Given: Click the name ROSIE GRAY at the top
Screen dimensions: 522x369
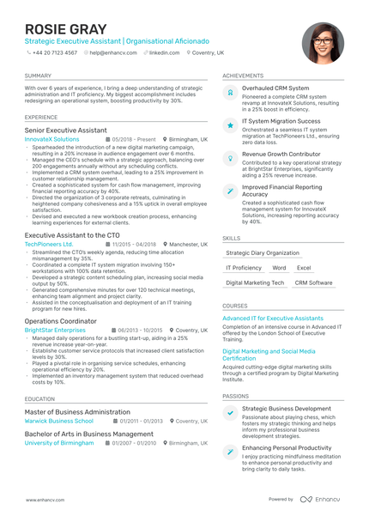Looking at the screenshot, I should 60,28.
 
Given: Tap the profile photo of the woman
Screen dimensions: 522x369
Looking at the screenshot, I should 323,43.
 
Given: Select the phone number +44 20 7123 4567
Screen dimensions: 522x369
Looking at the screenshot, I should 53,52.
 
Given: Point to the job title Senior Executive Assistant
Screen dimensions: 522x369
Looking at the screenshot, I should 66,130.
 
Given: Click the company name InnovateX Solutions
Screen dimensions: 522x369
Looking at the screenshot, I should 51,138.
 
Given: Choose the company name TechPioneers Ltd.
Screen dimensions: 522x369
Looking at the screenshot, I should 49,244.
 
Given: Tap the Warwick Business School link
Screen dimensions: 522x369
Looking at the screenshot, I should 59,422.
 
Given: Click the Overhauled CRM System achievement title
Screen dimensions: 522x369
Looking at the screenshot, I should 275,88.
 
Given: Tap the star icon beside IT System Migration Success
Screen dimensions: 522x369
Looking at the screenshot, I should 230,124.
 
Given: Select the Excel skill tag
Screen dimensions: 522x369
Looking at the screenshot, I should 304,268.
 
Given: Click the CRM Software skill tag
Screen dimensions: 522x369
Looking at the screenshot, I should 313,282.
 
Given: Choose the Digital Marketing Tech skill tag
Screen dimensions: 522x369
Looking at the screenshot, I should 255,282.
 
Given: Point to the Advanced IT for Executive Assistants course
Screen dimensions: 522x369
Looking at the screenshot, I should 273,318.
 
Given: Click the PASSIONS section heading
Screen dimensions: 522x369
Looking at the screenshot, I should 236,396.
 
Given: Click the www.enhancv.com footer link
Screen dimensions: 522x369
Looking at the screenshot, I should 41,499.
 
